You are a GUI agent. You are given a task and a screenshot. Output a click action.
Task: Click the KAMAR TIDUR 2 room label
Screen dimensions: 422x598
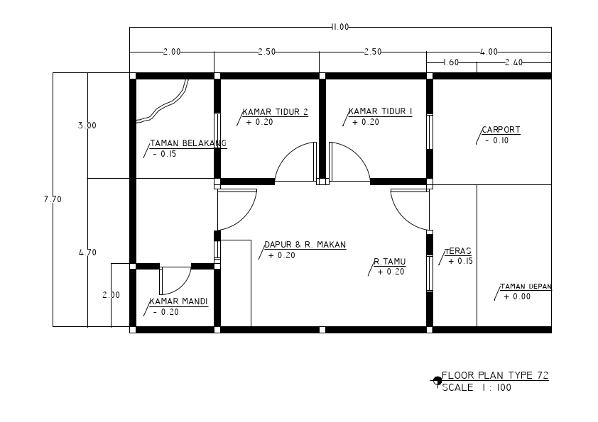275,111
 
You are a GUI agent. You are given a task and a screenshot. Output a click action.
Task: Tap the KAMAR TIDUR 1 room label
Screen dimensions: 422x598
381,111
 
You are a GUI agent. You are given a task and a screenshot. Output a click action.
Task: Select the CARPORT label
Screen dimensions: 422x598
501,130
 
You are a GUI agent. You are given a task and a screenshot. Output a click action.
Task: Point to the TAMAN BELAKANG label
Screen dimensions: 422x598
187,143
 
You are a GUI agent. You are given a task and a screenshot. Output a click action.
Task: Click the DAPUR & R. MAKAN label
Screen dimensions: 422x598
305,245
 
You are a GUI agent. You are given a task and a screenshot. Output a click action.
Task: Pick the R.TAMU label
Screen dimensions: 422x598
390,262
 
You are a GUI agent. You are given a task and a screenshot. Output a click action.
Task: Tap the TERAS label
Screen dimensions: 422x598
458,251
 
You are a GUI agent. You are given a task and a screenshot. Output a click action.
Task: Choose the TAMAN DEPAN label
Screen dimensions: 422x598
526,287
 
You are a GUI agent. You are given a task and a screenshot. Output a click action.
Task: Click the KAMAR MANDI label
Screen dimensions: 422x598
178,301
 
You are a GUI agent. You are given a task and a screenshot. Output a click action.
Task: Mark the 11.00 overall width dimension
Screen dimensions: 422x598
339,27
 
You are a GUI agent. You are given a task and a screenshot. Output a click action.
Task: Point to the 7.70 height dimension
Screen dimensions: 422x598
53,199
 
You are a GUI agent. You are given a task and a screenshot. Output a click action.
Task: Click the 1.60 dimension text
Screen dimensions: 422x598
450,62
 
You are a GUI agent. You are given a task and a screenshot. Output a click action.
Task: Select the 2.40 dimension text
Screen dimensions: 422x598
513,62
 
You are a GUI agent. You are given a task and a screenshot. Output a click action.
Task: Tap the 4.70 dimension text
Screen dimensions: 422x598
87,252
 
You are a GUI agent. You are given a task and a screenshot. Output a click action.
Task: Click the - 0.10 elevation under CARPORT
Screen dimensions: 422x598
496,140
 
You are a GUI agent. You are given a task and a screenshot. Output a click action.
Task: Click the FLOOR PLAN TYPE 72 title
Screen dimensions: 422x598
494,375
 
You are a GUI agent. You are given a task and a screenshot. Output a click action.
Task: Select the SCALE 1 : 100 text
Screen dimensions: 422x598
476,388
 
